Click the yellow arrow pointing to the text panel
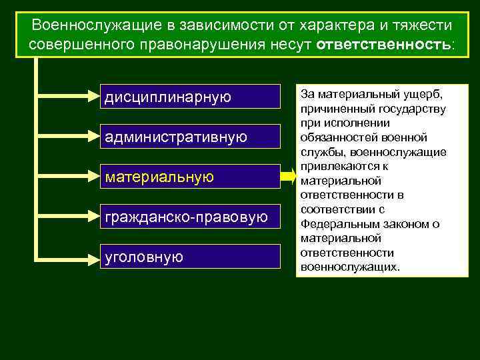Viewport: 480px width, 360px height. [287, 177]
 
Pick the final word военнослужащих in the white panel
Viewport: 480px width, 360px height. [349, 267]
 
